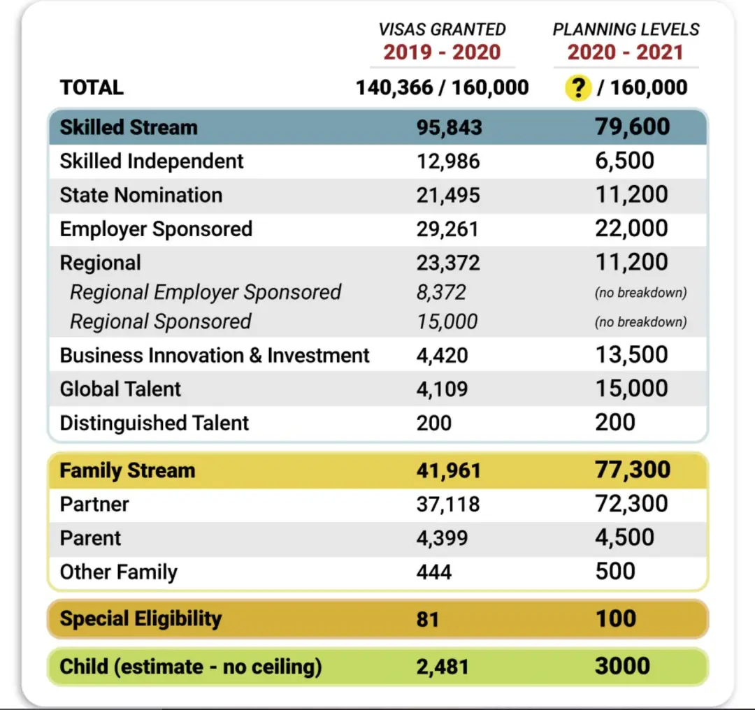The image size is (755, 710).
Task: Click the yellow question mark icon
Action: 578,87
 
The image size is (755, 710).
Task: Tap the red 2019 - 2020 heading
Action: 442,52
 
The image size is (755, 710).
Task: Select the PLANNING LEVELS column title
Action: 626,30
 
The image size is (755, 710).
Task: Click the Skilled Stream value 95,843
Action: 450,128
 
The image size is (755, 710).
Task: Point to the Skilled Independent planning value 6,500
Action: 624,161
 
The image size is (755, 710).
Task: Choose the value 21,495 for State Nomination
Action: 448,196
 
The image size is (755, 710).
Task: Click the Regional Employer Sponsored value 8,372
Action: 441,293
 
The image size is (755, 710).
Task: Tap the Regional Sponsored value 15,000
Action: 447,322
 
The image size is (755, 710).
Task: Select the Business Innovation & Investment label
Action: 215,356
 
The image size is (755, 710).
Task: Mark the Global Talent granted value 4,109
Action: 442,389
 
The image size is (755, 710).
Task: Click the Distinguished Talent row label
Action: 154,423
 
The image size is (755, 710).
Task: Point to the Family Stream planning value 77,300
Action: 633,470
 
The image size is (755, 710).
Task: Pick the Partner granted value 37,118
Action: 448,505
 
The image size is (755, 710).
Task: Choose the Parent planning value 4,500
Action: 624,537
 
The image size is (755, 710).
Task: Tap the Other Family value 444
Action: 434,572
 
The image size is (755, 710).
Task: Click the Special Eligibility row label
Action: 141,619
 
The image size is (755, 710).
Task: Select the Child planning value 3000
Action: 623,666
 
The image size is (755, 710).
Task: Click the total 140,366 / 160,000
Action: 442,87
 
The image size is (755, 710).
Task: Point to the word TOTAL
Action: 92,87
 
